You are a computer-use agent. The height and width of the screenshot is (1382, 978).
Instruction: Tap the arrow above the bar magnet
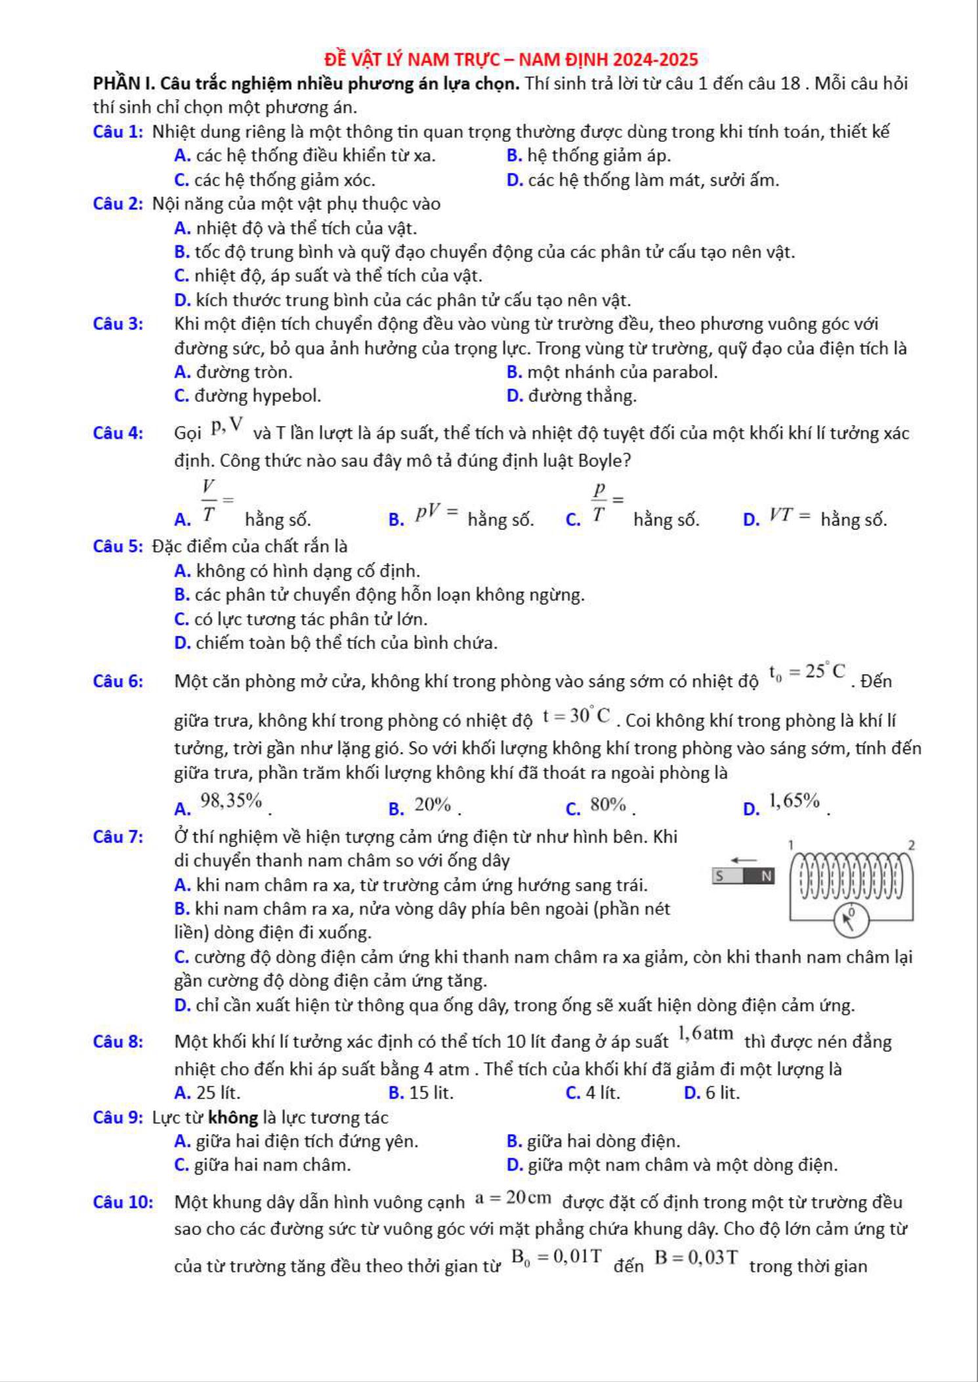coord(744,860)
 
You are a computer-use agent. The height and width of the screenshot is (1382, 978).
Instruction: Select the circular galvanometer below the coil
coord(851,920)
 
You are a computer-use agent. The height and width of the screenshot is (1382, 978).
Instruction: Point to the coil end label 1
coord(792,844)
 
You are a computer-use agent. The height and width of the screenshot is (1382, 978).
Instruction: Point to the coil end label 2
coord(911,845)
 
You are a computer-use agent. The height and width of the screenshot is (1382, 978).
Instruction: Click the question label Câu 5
coord(117,547)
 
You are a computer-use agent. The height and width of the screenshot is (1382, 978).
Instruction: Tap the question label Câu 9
coord(117,1118)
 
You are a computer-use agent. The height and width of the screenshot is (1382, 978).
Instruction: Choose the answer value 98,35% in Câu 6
coord(231,801)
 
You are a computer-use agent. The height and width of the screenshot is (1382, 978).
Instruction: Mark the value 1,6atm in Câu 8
coord(706,1034)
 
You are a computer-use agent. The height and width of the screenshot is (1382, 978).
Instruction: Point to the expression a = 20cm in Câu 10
coord(513,1198)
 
